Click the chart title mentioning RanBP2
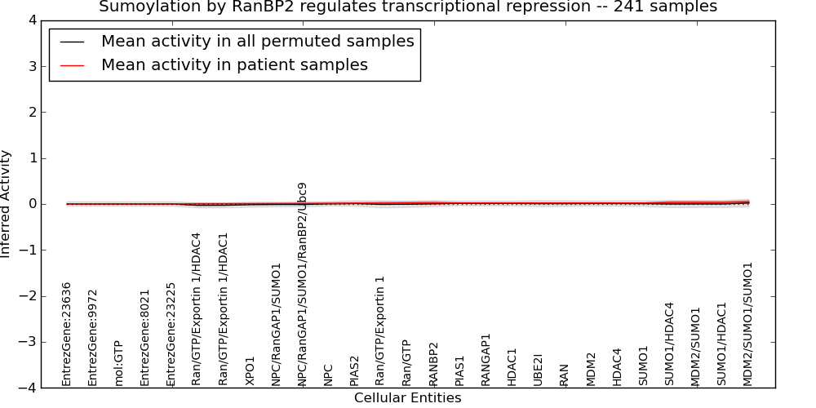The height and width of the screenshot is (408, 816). point(408,7)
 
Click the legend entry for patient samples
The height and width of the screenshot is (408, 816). point(235,64)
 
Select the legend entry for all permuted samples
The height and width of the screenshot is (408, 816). point(258,41)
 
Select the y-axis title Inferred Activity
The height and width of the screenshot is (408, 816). point(5,204)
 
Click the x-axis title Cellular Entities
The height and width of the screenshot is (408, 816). point(407,398)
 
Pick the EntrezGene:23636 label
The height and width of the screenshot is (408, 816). point(66,335)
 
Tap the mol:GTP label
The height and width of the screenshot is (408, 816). point(118,364)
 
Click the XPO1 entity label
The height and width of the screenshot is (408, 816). point(250,371)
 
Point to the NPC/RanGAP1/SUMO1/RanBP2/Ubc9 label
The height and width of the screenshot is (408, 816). point(303,285)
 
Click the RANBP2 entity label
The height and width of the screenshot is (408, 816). point(433,364)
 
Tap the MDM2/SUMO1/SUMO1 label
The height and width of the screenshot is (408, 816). point(747,325)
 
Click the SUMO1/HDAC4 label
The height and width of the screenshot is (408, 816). point(669,344)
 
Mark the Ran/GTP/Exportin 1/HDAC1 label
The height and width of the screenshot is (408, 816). point(224,309)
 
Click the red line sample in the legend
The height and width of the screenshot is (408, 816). point(72,65)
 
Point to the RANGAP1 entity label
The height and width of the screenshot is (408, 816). point(486,360)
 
